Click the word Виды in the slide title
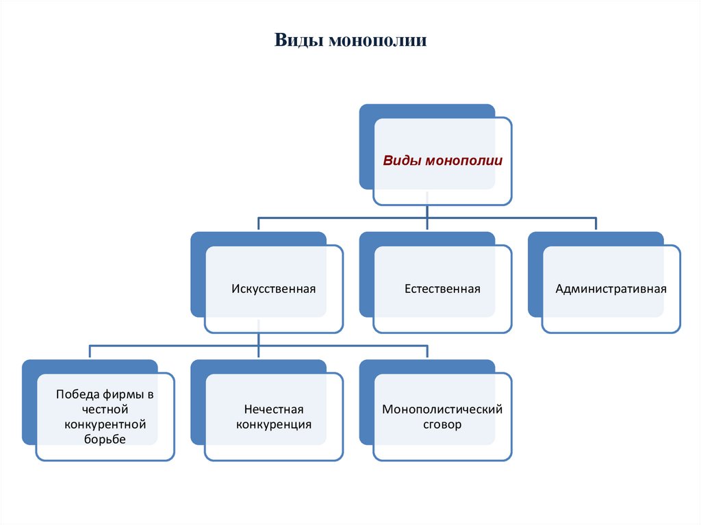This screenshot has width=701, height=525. coord(298,40)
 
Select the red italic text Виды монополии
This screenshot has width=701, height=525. coord(442,162)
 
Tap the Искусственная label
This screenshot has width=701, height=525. coord(273,289)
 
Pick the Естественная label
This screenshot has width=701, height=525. coord(442,289)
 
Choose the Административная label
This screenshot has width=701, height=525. coord(611,289)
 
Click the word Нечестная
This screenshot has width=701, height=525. coord(273,409)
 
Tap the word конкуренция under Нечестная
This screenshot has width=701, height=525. coord(273,424)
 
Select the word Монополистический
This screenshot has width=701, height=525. coord(442,409)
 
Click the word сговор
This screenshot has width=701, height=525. coord(442,424)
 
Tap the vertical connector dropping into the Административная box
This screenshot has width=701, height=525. coord(596,225)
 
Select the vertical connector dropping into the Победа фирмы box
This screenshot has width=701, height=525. coord(90,352)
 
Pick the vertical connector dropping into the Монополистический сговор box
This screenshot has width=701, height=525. coord(427,352)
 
